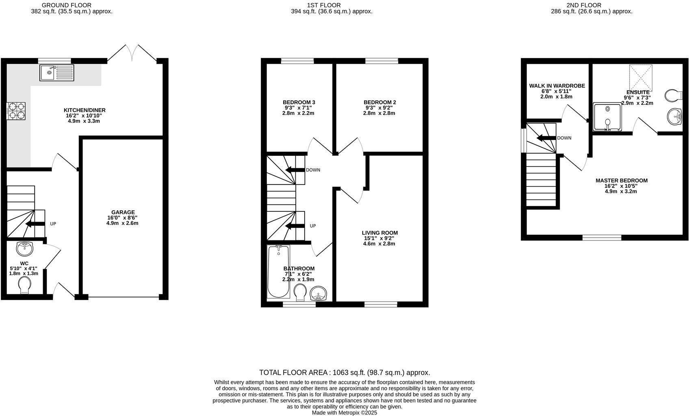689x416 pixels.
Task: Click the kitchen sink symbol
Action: [56, 73]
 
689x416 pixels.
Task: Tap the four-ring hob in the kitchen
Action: [16, 111]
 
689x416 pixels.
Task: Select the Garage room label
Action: [123, 212]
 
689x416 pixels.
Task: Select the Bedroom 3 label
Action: [299, 102]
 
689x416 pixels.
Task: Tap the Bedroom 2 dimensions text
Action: [379, 111]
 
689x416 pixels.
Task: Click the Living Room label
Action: [380, 233]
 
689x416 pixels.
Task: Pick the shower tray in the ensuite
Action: [607, 117]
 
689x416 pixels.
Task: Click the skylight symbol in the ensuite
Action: [641, 78]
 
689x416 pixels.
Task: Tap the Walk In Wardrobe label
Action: [557, 86]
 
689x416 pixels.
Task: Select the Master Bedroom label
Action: [622, 181]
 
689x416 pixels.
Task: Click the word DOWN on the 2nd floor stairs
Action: [564, 138]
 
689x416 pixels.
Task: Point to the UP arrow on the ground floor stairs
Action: [35, 224]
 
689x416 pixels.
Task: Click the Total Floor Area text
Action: [344, 372]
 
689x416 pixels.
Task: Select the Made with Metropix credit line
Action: [344, 412]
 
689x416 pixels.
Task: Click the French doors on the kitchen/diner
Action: [132, 53]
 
